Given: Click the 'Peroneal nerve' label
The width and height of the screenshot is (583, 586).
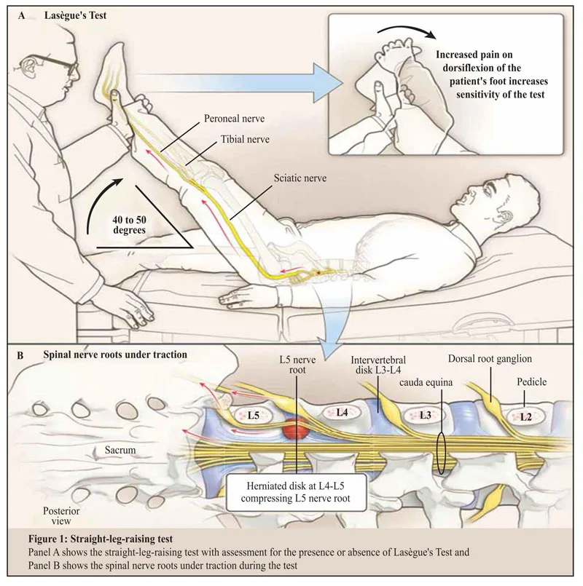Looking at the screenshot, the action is (234, 119).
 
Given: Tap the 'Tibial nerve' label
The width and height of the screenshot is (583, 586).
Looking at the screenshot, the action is (245, 139).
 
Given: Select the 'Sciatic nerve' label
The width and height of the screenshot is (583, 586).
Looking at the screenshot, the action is (300, 178).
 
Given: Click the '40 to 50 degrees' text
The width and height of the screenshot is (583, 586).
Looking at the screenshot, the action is (130, 225).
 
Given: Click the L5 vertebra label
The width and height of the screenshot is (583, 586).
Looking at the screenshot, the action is (254, 415).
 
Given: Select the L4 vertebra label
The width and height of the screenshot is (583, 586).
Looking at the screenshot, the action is (342, 412).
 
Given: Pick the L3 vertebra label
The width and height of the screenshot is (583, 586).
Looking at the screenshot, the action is (426, 415).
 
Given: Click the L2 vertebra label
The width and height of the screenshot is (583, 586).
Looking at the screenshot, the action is (525, 416).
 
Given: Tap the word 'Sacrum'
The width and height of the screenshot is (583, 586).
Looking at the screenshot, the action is (120, 450).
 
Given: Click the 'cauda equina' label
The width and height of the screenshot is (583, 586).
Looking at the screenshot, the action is (426, 383).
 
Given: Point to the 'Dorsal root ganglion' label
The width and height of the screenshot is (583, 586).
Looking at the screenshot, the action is (490, 359).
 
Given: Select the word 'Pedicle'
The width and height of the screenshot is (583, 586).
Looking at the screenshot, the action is (532, 382).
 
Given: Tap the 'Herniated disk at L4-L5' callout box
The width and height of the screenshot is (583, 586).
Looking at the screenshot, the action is (296, 492).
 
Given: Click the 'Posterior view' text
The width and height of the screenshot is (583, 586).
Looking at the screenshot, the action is (61, 515).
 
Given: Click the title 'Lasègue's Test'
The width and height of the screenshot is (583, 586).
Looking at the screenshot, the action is (75, 15).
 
